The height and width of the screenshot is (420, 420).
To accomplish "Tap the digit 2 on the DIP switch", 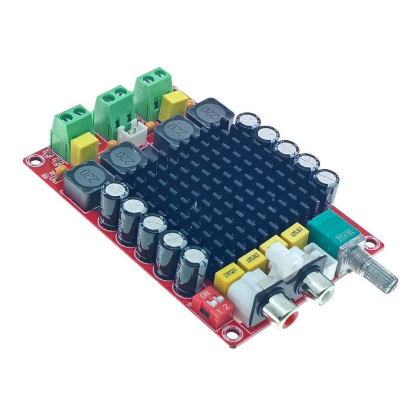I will pyautogui.click(x=227, y=307).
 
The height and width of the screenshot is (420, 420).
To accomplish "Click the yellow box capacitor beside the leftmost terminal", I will pyautogui.click(x=84, y=147).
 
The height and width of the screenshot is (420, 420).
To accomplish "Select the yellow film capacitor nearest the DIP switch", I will pyautogui.click(x=227, y=275).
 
